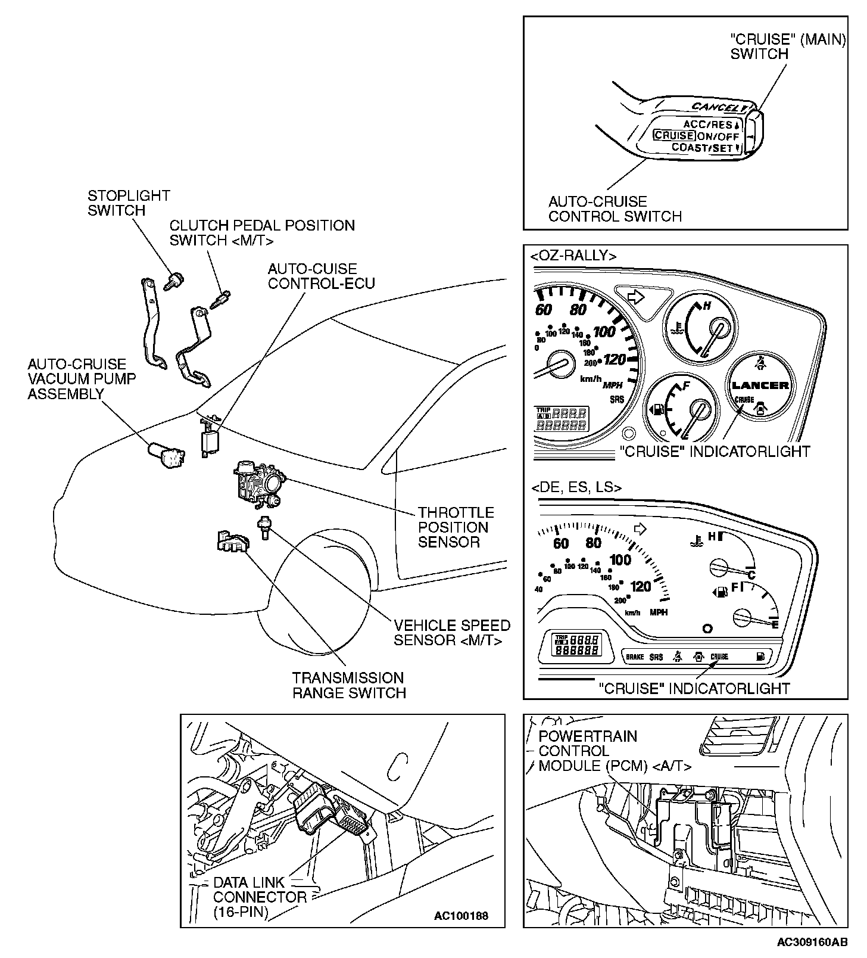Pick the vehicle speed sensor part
tap(263, 527)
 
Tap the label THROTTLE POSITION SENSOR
tap(456, 527)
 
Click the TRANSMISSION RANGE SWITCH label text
tap(349, 685)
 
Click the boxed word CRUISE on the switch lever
tap(673, 135)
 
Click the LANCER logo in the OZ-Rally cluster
tap(760, 385)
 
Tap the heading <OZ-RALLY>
tap(573, 256)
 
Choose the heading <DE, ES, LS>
tap(576, 487)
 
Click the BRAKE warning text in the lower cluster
tap(635, 657)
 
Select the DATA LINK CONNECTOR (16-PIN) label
tap(260, 897)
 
